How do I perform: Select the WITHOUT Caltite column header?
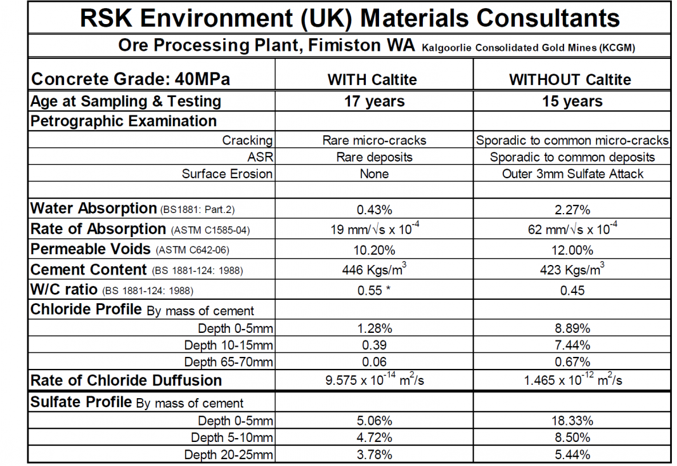click(571, 80)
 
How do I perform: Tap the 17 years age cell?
click(374, 101)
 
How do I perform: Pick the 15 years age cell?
click(572, 101)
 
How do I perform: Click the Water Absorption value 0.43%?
click(374, 209)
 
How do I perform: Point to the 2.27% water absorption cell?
click(572, 209)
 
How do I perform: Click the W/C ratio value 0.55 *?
click(374, 290)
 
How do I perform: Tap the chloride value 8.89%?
click(572, 328)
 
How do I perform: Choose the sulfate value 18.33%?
click(572, 421)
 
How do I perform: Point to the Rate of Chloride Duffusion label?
click(126, 380)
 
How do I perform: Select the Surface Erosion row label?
click(227, 174)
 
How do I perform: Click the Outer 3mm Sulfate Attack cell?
click(572, 174)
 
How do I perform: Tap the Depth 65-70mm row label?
click(228, 362)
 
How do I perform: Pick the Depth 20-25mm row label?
click(228, 455)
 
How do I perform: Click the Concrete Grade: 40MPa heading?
click(131, 80)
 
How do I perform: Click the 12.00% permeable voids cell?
click(572, 250)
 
